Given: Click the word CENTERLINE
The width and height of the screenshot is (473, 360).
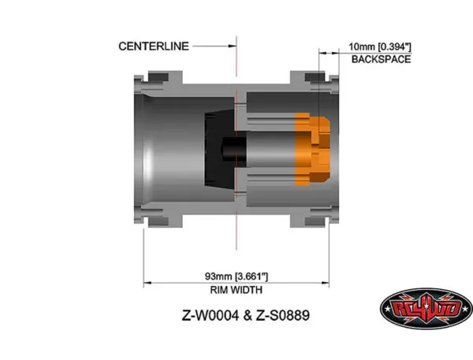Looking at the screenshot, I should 154,46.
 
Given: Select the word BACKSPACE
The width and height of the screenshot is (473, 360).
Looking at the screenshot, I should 381,59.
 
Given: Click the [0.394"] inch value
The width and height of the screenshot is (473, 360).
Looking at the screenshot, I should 396,47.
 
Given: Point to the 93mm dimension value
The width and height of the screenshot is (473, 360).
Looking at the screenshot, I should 218,276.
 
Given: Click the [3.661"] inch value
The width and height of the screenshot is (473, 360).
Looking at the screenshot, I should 252,276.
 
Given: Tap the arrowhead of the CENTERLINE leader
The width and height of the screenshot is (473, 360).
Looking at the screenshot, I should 234,46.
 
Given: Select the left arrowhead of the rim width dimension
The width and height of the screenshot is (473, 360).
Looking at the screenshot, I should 145,282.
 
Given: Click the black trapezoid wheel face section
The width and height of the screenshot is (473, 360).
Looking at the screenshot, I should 217,148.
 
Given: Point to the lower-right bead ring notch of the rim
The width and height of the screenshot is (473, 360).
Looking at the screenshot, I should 315,217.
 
